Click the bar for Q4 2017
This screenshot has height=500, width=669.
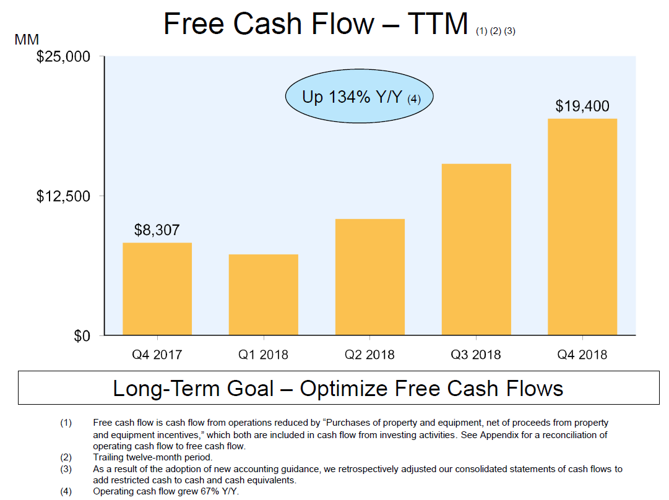click(157, 289)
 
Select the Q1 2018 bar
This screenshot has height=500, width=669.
click(263, 295)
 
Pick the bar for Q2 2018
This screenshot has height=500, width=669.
click(370, 277)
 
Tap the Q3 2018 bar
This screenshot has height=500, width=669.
click(476, 249)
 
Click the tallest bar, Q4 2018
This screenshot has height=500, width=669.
click(582, 227)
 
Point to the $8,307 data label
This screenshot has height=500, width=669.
click(157, 230)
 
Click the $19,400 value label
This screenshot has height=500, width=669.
click(582, 106)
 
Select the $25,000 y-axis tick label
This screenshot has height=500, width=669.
click(63, 57)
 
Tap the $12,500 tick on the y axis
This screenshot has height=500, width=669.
click(63, 196)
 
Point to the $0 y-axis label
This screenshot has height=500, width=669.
click(82, 336)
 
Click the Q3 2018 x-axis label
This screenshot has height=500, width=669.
click(476, 355)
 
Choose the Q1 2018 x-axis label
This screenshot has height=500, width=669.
click(263, 355)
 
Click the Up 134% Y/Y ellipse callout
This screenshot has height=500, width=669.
click(359, 96)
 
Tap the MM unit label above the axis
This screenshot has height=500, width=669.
click(27, 40)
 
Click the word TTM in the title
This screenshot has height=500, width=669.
click(438, 24)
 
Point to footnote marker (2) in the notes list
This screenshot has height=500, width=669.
click(66, 457)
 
